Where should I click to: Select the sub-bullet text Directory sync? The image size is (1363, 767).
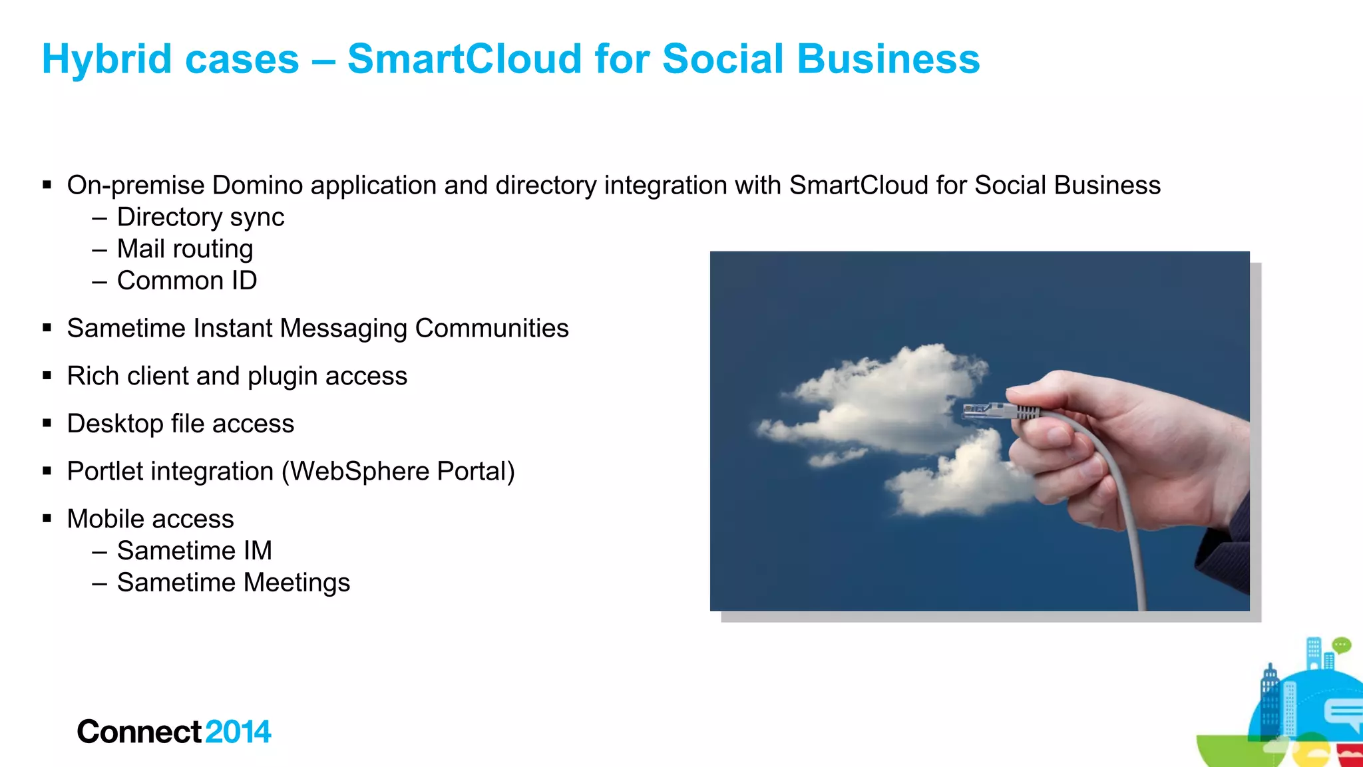[x=200, y=218]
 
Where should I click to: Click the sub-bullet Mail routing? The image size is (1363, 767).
[x=185, y=249]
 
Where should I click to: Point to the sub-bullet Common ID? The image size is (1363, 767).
[x=187, y=281]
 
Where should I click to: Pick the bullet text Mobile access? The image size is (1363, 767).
[x=150, y=519]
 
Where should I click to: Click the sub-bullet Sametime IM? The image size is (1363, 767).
[x=194, y=551]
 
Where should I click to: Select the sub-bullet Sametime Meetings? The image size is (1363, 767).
[x=233, y=583]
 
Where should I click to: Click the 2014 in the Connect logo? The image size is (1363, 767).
[x=238, y=732]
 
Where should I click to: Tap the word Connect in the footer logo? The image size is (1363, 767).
[x=139, y=732]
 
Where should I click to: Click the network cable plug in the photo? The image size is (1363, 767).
[x=992, y=410]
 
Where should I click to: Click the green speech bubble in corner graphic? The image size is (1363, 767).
[x=1342, y=645]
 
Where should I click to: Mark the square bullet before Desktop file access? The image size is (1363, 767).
[x=47, y=423]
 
